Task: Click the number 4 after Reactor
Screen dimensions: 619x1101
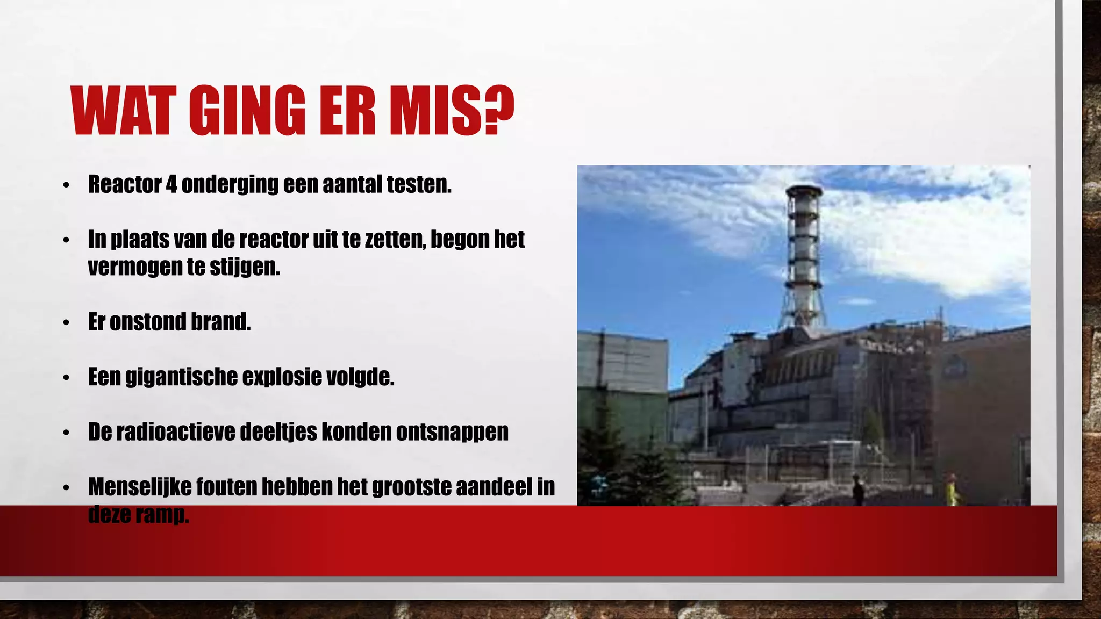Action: (171, 184)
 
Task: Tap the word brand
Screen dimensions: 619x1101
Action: (220, 322)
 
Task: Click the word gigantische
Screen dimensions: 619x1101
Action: (181, 377)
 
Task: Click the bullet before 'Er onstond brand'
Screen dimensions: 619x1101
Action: (66, 323)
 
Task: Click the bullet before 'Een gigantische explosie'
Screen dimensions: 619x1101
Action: (66, 378)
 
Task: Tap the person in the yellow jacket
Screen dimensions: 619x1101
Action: (952, 490)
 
